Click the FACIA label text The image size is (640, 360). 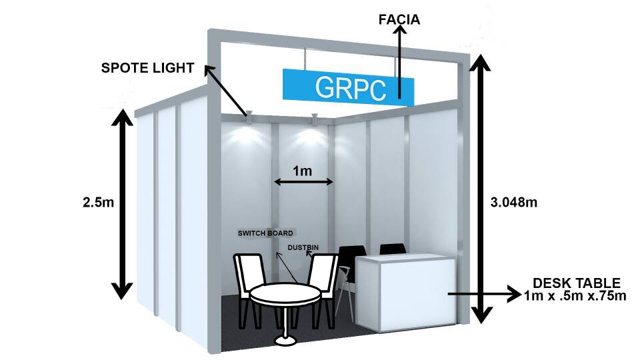click(399, 19)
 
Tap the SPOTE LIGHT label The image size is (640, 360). click(147, 67)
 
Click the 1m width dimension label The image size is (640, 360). click(303, 171)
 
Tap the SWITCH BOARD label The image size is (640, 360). click(265, 233)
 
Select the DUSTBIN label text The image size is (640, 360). click(303, 248)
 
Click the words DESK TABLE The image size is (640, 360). click(577, 283)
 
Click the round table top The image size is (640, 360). click(283, 293)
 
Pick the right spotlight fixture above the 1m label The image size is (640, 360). click(313, 119)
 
